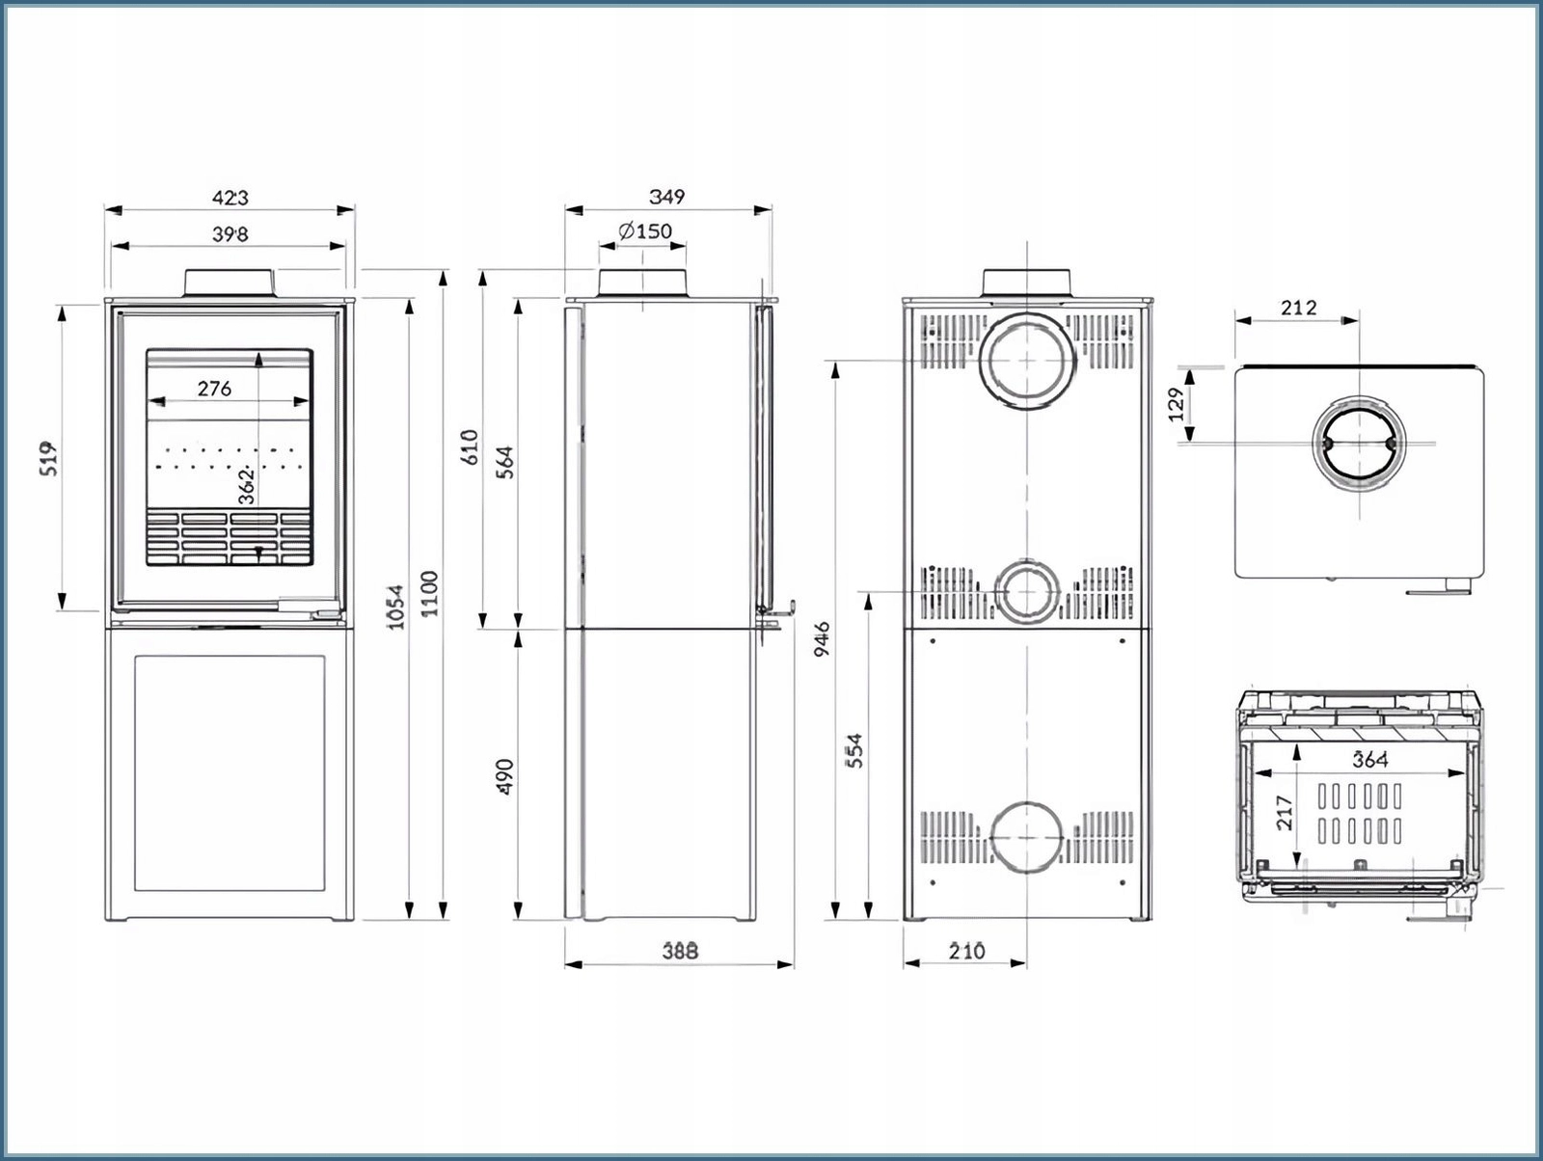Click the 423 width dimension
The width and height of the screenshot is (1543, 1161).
pyautogui.click(x=230, y=198)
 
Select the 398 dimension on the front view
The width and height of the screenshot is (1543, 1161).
pyautogui.click(x=230, y=234)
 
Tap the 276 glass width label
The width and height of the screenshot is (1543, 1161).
pyautogui.click(x=214, y=389)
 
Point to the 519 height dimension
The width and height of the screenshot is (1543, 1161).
pyautogui.click(x=50, y=458)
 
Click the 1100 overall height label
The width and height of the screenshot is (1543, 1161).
pyautogui.click(x=430, y=594)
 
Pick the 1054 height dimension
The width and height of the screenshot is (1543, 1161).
pyautogui.click(x=395, y=607)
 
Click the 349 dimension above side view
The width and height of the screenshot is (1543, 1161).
pyautogui.click(x=666, y=197)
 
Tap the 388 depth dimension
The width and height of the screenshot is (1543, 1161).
pyautogui.click(x=679, y=951)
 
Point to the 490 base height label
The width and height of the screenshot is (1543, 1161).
pyautogui.click(x=505, y=777)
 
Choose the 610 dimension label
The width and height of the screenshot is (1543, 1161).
pyautogui.click(x=470, y=446)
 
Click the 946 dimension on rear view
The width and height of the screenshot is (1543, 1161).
pyautogui.click(x=822, y=639)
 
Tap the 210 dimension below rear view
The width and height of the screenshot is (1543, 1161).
pyautogui.click(x=966, y=951)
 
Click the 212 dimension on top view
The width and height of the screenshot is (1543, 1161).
pyautogui.click(x=1298, y=309)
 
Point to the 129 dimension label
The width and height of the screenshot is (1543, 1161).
pyautogui.click(x=1176, y=405)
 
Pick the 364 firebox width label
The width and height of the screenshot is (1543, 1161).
pyautogui.click(x=1369, y=760)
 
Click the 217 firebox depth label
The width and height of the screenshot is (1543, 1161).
pyautogui.click(x=1283, y=813)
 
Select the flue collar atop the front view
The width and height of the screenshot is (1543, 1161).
pyautogui.click(x=230, y=282)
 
